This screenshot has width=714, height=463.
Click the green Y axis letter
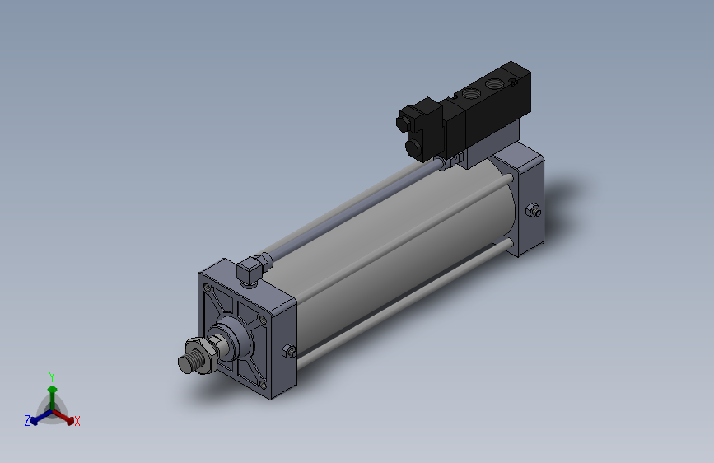click(x=51, y=376)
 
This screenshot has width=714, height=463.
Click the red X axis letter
click(x=77, y=421)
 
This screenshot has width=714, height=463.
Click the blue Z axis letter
click(x=27, y=421)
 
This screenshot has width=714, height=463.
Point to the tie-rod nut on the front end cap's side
click(x=289, y=351)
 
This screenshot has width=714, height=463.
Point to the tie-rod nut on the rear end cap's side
click(x=532, y=211)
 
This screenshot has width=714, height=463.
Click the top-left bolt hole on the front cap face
click(x=207, y=288)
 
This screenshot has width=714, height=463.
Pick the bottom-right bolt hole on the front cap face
click(x=262, y=385)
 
